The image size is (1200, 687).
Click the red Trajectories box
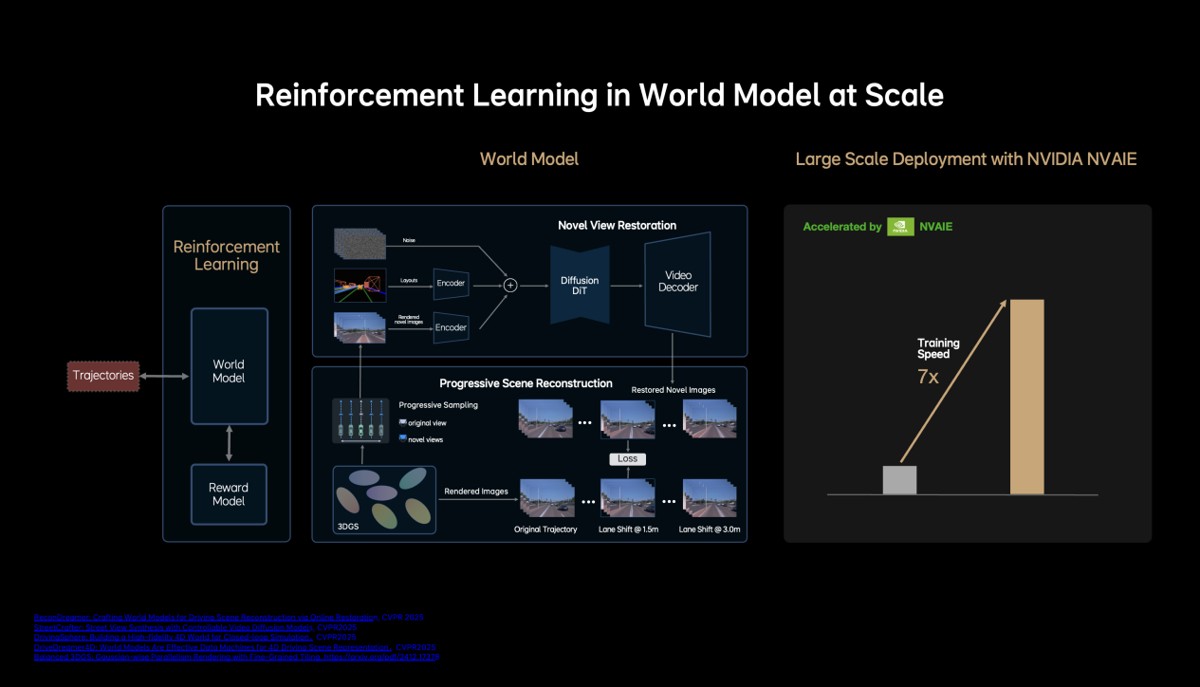pyautogui.click(x=103, y=375)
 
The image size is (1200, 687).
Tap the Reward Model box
pyautogui.click(x=229, y=494)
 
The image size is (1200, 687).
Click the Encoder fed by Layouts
pyautogui.click(x=451, y=283)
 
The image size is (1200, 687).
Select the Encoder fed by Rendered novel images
pyautogui.click(x=451, y=327)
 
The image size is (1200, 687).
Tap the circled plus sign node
pyautogui.click(x=509, y=283)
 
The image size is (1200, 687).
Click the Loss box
pyautogui.click(x=626, y=458)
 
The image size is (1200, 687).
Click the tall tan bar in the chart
pyautogui.click(x=1026, y=397)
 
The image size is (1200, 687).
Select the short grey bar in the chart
pyautogui.click(x=899, y=479)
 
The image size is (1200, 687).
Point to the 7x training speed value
pyautogui.click(x=929, y=378)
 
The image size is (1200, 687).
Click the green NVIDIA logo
pyautogui.click(x=900, y=227)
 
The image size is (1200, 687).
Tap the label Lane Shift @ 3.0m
pyautogui.click(x=709, y=529)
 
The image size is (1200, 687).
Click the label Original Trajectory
pyautogui.click(x=545, y=529)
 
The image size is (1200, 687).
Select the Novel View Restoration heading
pyautogui.click(x=617, y=225)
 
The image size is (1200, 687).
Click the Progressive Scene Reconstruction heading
pyautogui.click(x=526, y=383)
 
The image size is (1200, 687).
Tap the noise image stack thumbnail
pyautogui.click(x=358, y=243)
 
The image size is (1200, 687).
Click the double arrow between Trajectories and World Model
pyautogui.click(x=164, y=376)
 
